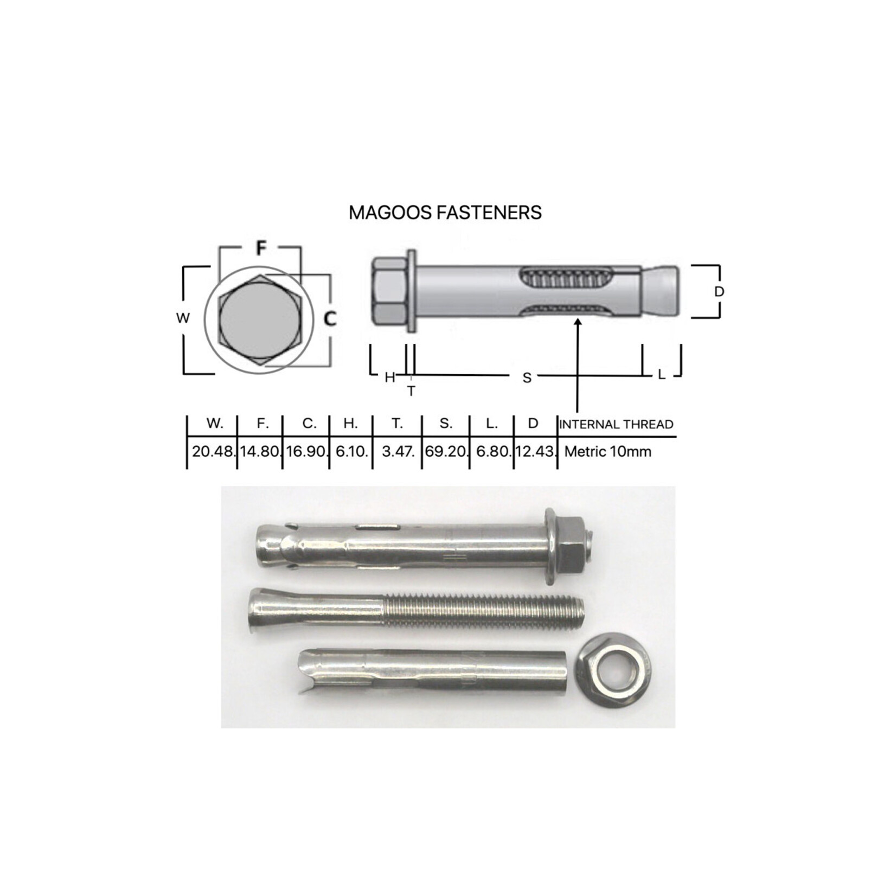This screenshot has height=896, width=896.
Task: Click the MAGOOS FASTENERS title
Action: click(445, 213)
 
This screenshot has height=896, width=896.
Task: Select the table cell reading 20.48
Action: click(213, 451)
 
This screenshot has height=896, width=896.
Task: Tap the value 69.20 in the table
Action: click(445, 451)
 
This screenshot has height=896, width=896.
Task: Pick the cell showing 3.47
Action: click(398, 451)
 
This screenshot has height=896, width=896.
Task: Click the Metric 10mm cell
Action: click(607, 451)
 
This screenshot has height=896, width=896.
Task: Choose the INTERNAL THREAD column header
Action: click(616, 424)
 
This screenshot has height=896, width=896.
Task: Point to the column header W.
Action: click(215, 424)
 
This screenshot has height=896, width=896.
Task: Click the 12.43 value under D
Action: click(535, 451)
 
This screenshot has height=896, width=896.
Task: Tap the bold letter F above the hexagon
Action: click(261, 248)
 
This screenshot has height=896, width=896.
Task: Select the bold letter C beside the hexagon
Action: click(330, 319)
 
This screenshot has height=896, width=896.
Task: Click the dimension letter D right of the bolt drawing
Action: click(719, 292)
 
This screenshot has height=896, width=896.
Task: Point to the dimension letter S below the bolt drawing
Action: click(527, 378)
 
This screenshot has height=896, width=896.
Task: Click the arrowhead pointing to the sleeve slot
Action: click(578, 323)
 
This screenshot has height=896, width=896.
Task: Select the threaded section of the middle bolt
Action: click(483, 611)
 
